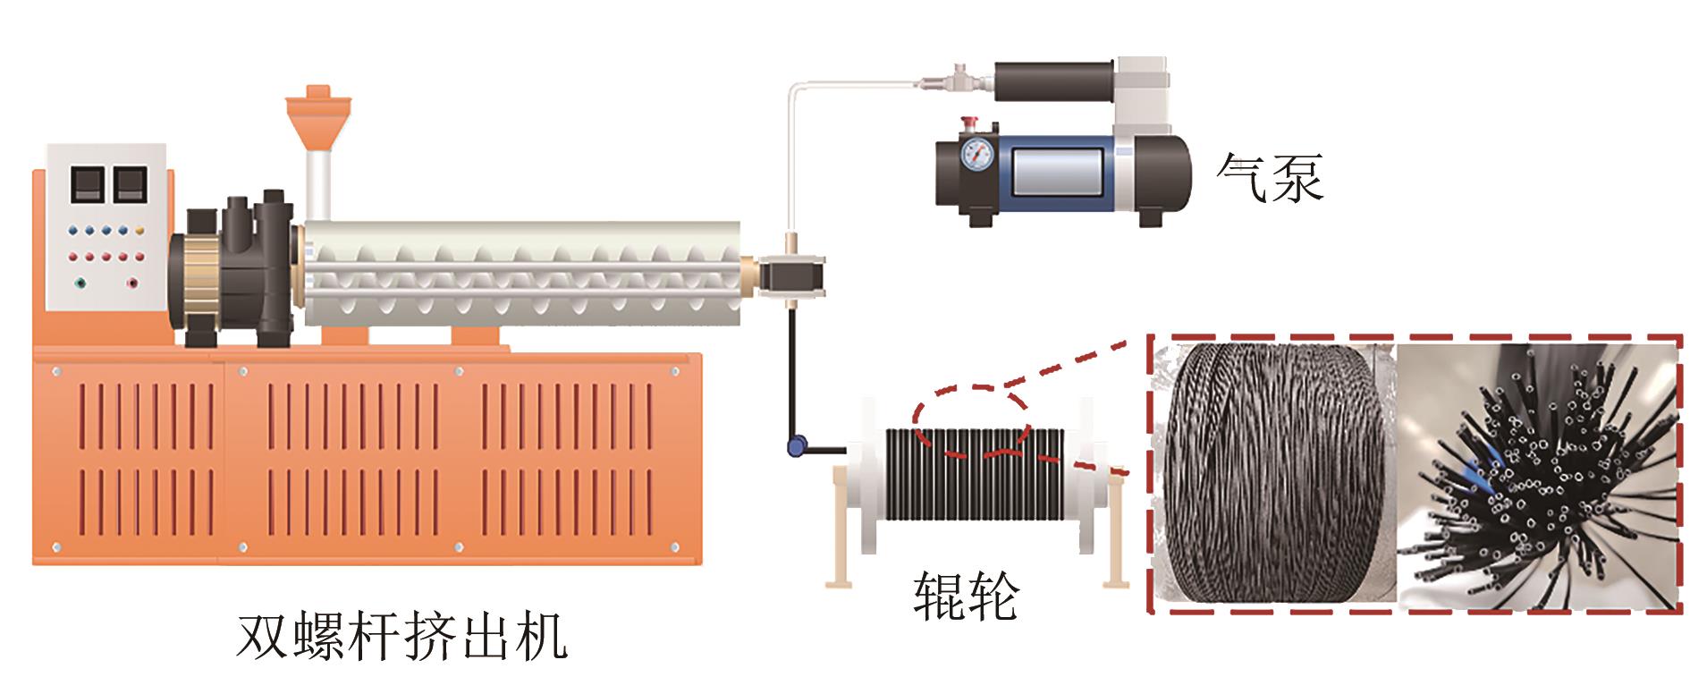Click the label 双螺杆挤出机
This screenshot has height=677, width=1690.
point(402,638)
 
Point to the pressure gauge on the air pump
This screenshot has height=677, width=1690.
point(979,156)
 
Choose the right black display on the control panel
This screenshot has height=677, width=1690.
point(130,183)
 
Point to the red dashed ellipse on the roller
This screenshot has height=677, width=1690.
point(971,420)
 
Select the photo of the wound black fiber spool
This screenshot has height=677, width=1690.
point(1274,474)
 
